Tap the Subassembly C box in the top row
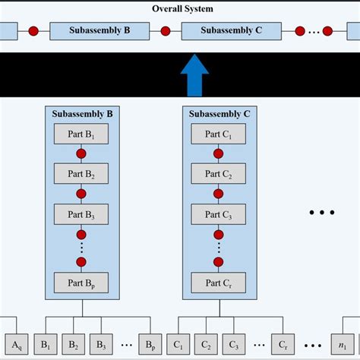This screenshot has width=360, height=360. click(232, 32)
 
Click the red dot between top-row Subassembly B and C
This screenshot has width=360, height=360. click(166, 32)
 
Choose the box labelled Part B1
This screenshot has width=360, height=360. click(81, 134)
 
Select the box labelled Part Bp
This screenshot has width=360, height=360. click(81, 283)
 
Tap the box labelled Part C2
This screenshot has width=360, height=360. click(218, 173)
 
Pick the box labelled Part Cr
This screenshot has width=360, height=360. click(218, 283)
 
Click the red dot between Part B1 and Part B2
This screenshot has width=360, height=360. click(81, 154)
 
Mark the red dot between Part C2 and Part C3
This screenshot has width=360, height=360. click(218, 193)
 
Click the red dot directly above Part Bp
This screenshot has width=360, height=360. click(81, 262)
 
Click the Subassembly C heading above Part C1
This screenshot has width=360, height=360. click(218, 115)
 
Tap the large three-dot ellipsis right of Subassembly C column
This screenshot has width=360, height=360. click(321, 213)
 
